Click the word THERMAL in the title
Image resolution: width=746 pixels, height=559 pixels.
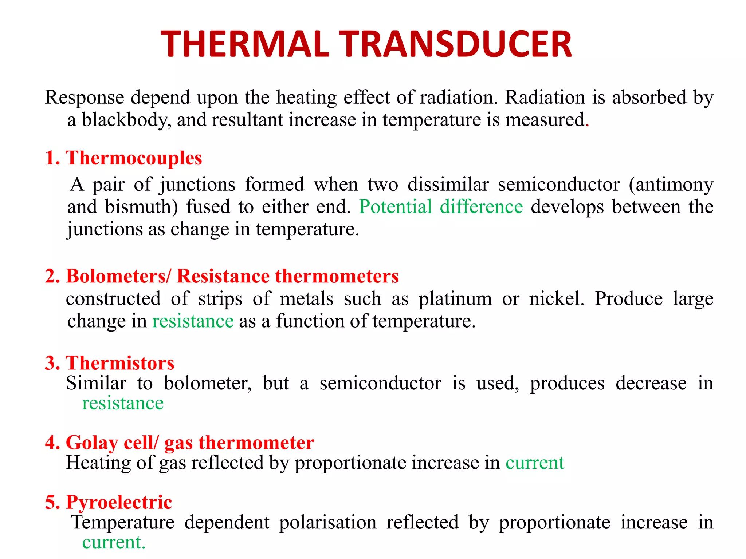point(245,44)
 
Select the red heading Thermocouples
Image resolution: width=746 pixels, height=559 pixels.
point(134,158)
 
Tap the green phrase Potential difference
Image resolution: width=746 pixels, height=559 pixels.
point(441,207)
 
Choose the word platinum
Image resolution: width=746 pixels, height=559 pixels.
point(455,300)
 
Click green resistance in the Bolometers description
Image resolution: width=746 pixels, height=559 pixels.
point(193,321)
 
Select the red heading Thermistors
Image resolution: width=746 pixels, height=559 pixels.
point(120,363)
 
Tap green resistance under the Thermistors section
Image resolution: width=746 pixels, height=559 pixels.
point(123,403)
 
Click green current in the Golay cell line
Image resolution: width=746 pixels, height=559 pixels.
point(535,463)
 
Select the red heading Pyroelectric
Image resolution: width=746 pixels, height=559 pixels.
point(119,502)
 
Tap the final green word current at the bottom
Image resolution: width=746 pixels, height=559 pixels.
point(112,543)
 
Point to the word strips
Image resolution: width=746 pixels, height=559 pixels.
point(220,299)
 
